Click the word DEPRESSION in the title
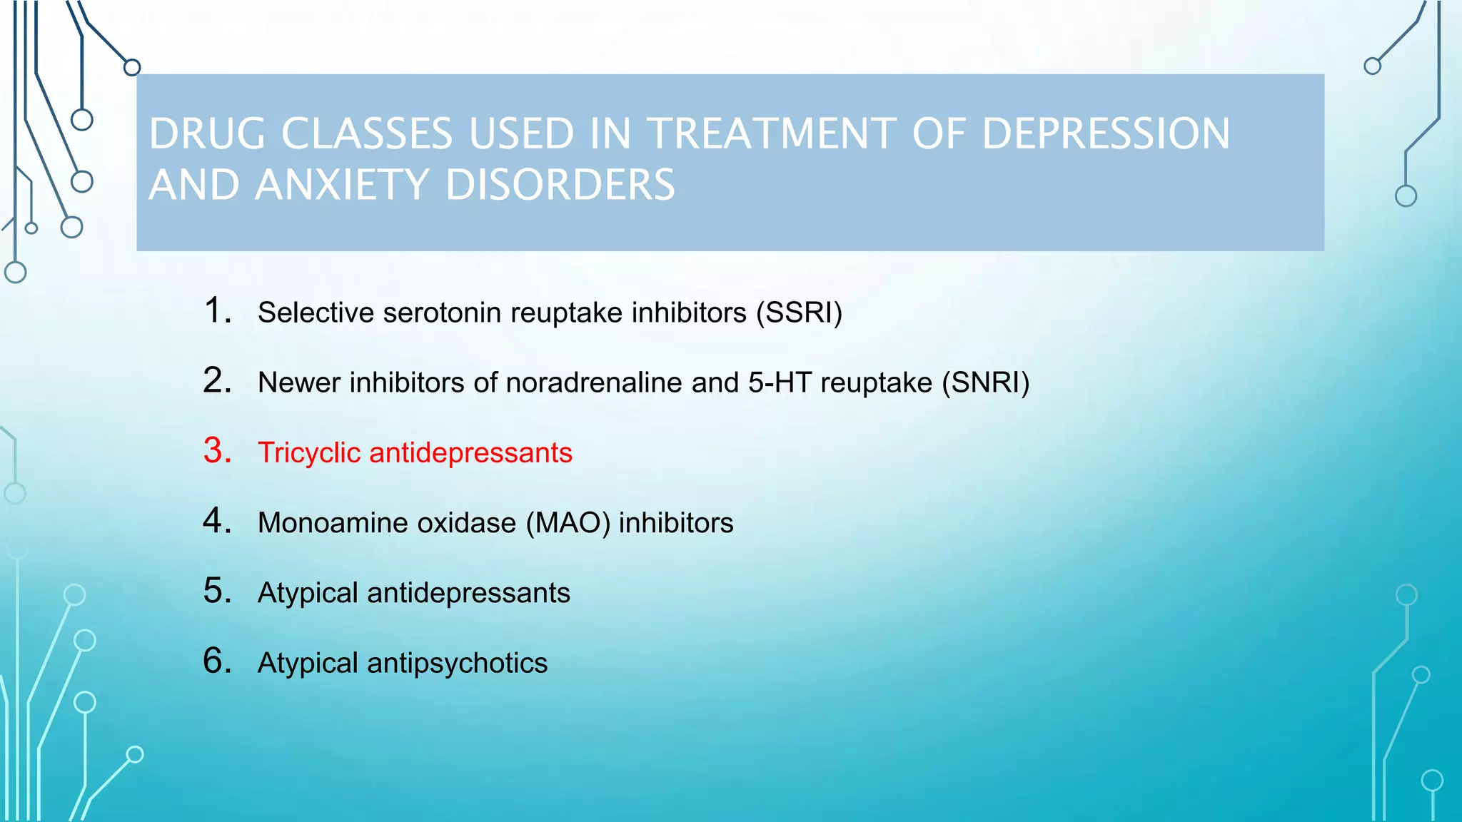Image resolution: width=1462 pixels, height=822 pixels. coord(1106,133)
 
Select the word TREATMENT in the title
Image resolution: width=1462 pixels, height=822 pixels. coord(772,133)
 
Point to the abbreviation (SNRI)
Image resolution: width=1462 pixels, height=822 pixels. coord(986,382)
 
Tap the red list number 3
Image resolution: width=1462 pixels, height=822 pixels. coord(217,450)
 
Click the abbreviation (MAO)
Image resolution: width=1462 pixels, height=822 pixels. coord(568,523)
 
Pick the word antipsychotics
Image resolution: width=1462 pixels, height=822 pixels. coord(457,663)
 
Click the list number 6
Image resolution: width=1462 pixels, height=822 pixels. coord(217,660)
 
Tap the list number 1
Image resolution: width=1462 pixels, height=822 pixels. coord(217,310)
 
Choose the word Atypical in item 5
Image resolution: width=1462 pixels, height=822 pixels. coord(308,593)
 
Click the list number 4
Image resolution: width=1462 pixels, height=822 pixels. coord(217,520)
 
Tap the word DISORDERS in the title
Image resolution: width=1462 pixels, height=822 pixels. coord(560,185)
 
